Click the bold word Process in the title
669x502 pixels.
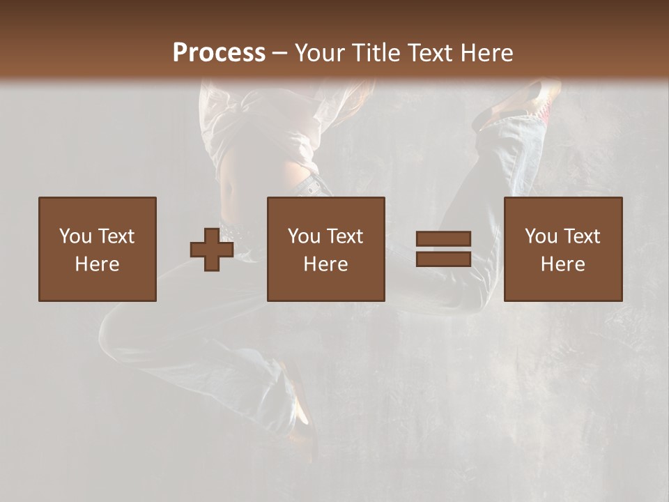(219, 53)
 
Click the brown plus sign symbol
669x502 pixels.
(212, 250)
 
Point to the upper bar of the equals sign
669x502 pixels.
(443, 238)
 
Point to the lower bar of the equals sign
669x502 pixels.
(443, 259)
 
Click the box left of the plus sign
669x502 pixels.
(98, 249)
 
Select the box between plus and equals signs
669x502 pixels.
(326, 249)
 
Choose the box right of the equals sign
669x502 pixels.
(563, 249)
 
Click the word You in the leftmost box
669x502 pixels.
(75, 236)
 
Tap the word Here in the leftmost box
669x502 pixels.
(98, 264)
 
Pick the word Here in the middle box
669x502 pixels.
(326, 264)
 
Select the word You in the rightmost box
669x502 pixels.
(541, 236)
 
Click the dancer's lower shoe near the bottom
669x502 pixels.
(300, 411)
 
